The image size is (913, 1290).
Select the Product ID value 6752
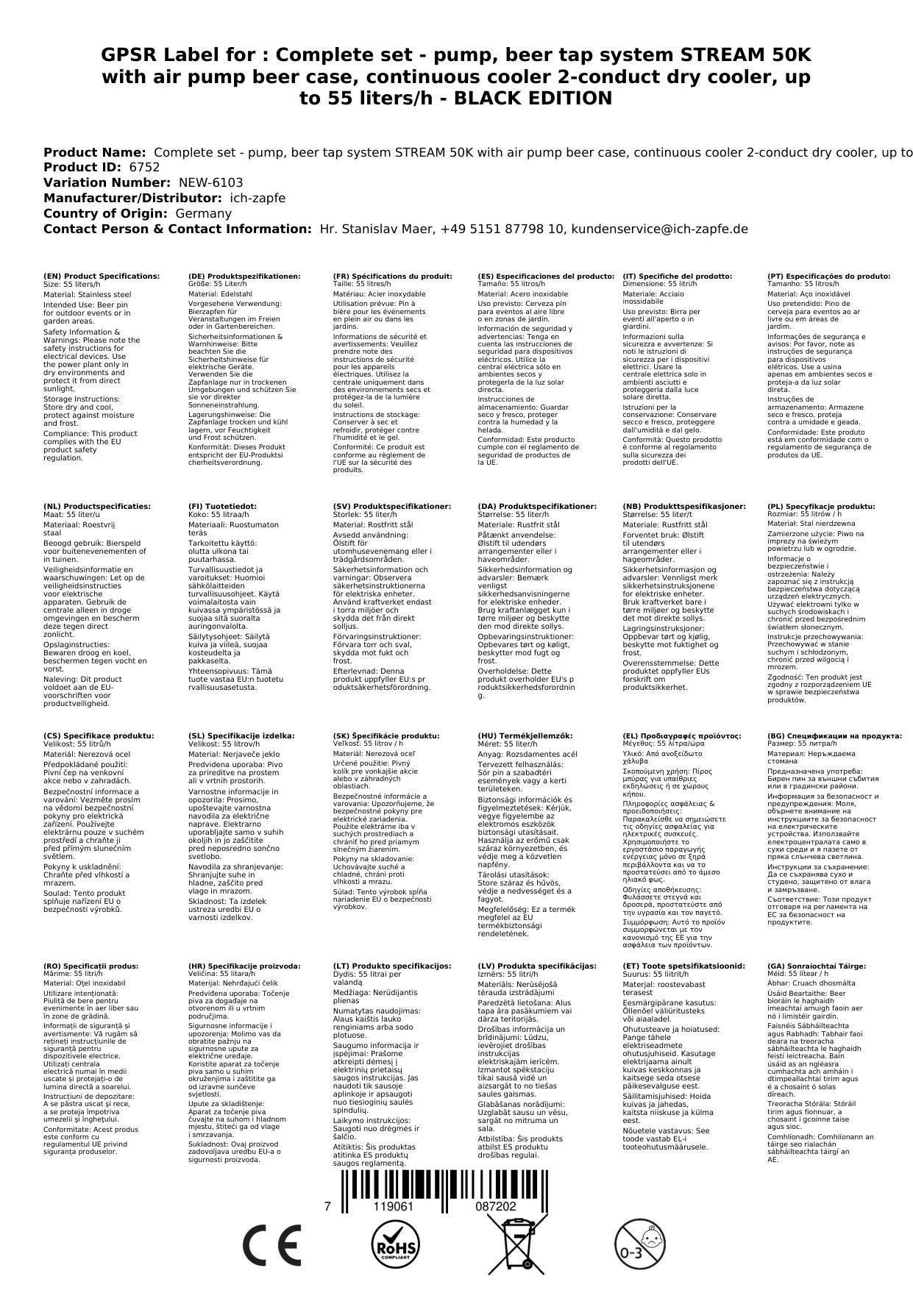point(144,167)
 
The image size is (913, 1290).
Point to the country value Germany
point(203,213)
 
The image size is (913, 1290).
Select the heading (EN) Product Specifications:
point(102,277)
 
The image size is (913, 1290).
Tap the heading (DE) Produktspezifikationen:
point(244,277)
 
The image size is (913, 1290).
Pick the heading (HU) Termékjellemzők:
point(525,735)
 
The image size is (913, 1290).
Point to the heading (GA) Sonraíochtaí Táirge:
point(816,966)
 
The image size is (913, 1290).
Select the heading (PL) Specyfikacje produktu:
point(821,507)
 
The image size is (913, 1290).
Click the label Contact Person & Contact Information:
point(177,229)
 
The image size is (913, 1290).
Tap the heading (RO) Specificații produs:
point(90,966)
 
